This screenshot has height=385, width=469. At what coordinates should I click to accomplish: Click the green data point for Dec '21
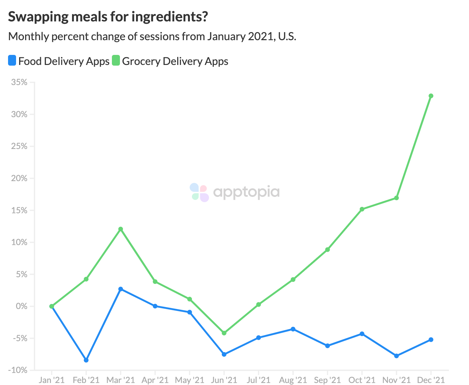tap(431, 96)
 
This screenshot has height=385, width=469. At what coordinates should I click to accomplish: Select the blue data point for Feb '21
tap(86, 360)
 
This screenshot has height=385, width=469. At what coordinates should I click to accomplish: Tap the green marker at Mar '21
tap(121, 229)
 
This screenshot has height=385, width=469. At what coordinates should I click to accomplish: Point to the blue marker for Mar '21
tap(121, 289)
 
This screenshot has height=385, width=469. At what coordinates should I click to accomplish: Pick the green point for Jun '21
tap(224, 333)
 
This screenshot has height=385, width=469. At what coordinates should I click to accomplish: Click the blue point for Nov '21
tap(396, 356)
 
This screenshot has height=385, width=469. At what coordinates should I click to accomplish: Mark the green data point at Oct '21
tap(362, 209)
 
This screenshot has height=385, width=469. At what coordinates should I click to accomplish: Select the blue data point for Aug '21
tap(293, 329)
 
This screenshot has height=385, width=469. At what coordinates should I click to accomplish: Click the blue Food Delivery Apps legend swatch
tap(12, 61)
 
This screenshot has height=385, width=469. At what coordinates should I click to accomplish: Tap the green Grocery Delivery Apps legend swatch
tap(116, 61)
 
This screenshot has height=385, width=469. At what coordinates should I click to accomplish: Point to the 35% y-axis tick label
tap(19, 82)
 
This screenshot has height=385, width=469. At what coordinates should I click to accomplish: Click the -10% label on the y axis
tap(18, 370)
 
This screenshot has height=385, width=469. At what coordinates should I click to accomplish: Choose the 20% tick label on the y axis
tap(19, 178)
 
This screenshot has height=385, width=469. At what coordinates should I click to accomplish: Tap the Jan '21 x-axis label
tap(51, 380)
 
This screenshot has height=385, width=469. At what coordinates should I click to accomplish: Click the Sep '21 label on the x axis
tap(327, 380)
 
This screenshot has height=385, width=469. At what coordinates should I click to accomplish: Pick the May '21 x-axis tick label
tap(190, 380)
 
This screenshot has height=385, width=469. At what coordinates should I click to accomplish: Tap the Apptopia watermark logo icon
tap(199, 192)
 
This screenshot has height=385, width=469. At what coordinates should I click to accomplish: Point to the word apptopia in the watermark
tap(246, 192)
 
